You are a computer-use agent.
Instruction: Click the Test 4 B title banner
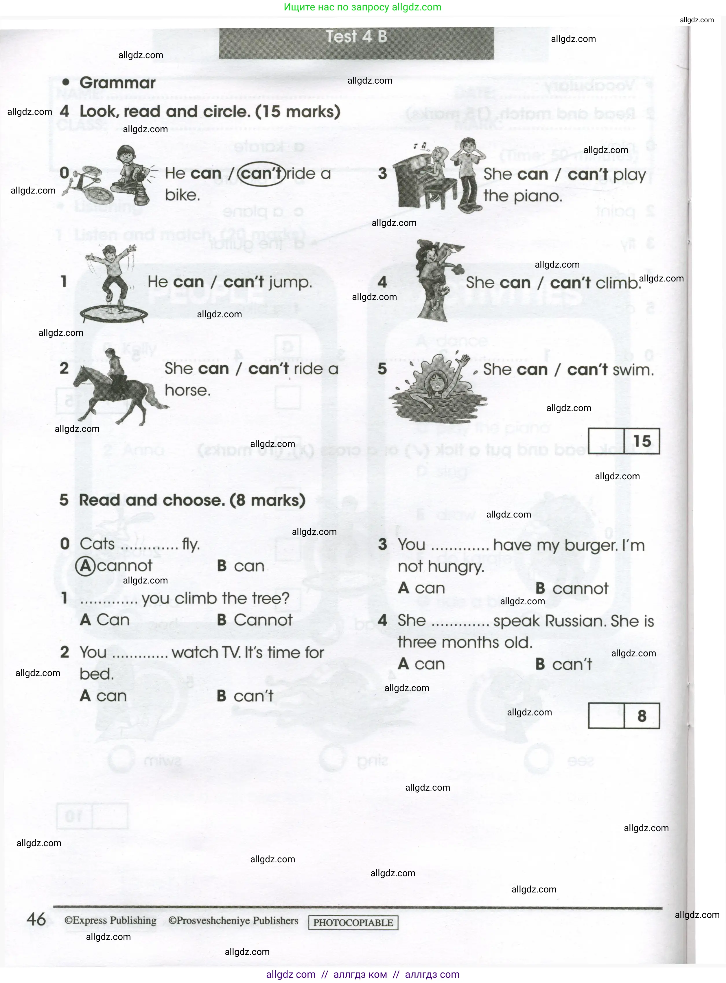point(356,37)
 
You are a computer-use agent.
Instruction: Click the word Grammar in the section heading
point(117,83)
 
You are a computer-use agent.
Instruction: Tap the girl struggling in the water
point(437,387)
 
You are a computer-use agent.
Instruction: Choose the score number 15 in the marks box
point(642,441)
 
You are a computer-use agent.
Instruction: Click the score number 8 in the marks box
point(642,716)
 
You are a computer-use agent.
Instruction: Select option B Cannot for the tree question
point(255,620)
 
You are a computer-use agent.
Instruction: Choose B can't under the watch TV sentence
point(245,696)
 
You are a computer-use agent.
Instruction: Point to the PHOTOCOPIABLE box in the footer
point(353,922)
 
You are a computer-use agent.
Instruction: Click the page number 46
point(36,919)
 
